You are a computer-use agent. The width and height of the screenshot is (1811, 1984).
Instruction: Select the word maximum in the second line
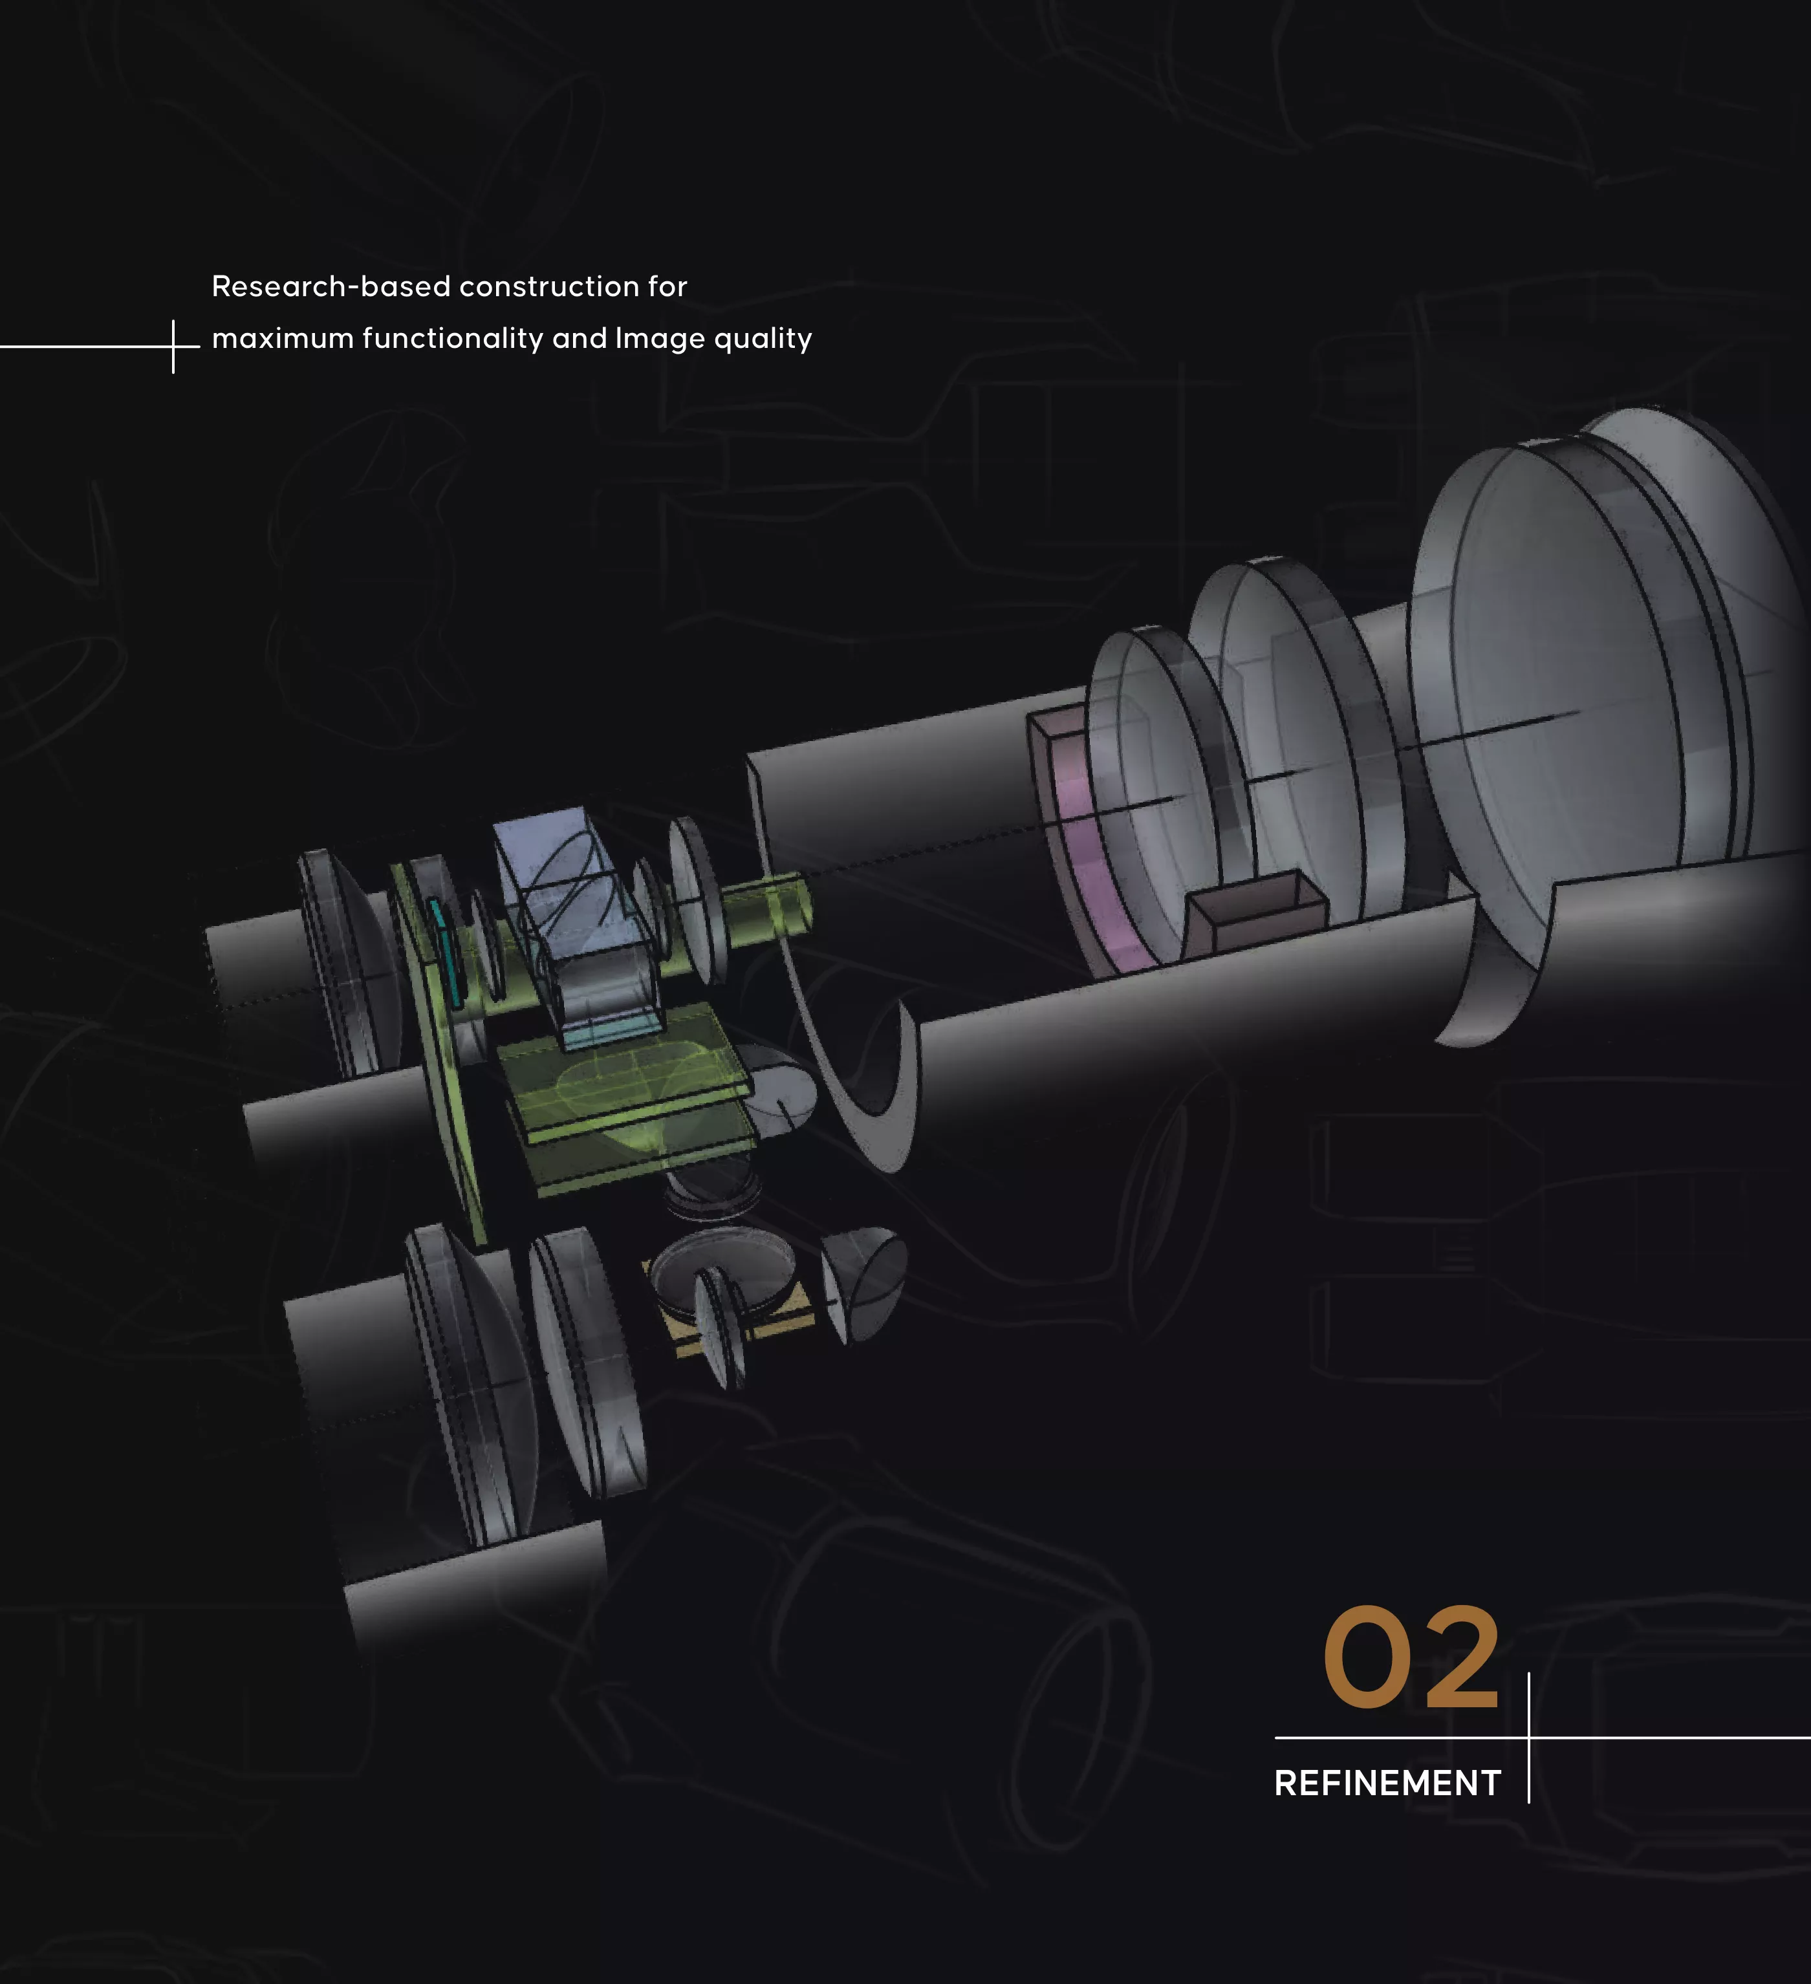pyautogui.click(x=283, y=339)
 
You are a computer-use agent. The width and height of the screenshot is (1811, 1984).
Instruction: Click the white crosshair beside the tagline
pyautogui.click(x=173, y=347)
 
